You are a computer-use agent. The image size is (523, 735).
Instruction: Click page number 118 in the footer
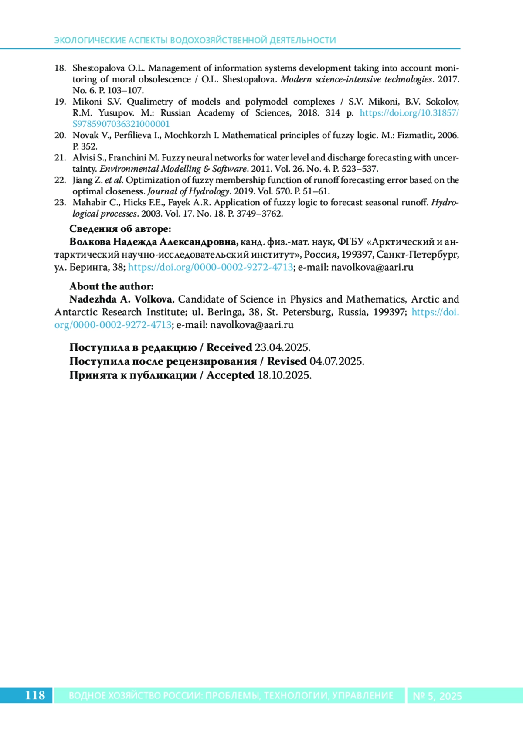click(x=35, y=695)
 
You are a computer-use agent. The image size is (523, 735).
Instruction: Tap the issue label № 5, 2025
click(x=437, y=696)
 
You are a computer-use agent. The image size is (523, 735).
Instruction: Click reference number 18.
click(x=60, y=68)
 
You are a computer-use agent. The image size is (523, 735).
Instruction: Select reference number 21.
click(x=60, y=158)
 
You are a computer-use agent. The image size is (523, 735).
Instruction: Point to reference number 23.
click(x=60, y=203)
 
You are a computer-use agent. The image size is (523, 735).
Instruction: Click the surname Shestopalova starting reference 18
click(x=98, y=68)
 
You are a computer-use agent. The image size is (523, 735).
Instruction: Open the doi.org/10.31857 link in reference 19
click(x=409, y=113)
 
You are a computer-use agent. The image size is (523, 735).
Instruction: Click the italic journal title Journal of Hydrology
click(x=188, y=191)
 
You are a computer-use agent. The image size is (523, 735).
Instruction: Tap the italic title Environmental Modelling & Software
click(x=173, y=169)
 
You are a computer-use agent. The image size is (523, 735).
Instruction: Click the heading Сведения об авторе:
click(x=120, y=229)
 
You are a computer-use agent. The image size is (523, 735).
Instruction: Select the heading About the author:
click(x=112, y=286)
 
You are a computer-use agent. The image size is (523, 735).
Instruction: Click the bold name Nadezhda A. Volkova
click(x=121, y=299)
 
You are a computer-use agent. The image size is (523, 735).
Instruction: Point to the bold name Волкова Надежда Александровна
click(x=153, y=242)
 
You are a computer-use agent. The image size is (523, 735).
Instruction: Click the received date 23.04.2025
click(x=282, y=347)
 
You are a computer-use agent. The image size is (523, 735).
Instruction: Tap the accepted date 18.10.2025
click(x=284, y=375)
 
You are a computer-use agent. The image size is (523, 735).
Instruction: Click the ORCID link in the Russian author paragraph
click(x=211, y=267)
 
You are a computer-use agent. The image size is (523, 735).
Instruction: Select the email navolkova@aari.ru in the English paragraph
click(x=251, y=325)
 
